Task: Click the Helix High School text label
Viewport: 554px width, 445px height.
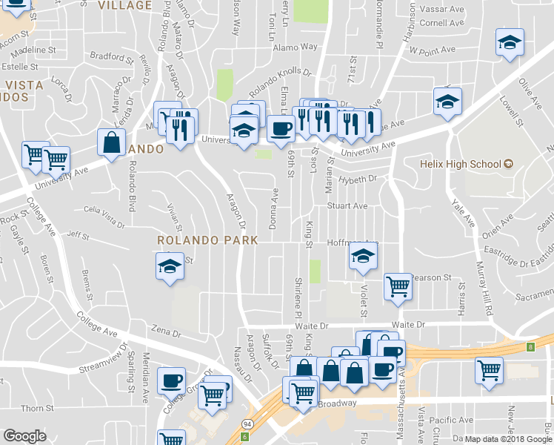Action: (x=460, y=163)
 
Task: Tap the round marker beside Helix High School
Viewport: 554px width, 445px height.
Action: (x=508, y=163)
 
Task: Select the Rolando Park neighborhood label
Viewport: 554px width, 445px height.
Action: (x=207, y=240)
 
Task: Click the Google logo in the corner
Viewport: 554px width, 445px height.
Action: (x=24, y=435)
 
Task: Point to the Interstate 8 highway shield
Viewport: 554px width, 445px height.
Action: (x=530, y=346)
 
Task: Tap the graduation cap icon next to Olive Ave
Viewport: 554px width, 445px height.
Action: (x=510, y=43)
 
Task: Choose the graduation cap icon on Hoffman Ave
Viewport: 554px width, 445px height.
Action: (x=361, y=257)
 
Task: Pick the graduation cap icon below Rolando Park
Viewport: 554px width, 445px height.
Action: (x=170, y=266)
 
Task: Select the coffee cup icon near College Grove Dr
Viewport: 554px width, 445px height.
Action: (x=171, y=380)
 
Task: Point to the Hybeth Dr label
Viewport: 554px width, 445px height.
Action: (x=358, y=179)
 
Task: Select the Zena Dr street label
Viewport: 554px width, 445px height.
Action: (x=166, y=333)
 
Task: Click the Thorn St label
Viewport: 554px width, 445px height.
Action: (x=33, y=409)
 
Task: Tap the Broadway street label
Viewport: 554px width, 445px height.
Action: (x=337, y=403)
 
